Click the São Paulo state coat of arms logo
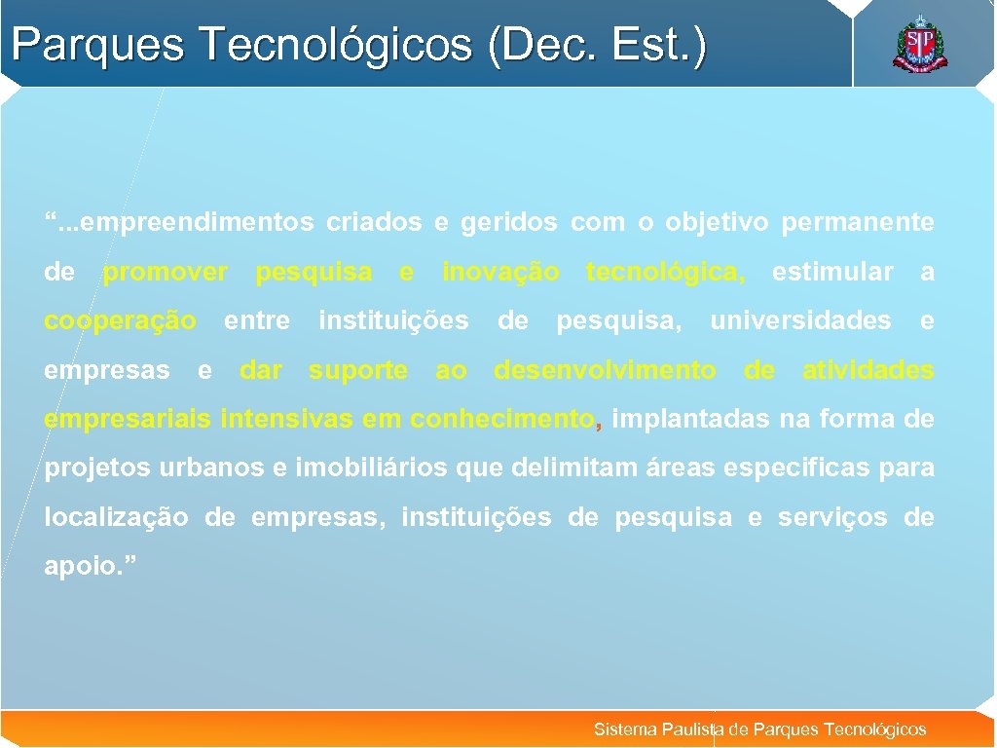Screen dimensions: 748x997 click(x=919, y=45)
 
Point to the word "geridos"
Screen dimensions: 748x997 click(x=508, y=223)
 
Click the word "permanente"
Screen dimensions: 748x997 click(x=857, y=223)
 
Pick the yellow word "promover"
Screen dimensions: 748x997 click(x=166, y=273)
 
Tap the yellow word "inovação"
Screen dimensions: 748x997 click(x=500, y=273)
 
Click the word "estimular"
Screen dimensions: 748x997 click(x=831, y=273)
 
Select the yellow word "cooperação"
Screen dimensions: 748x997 click(x=120, y=321)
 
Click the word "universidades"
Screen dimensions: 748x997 click(x=800, y=321)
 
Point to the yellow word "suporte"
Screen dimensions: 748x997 click(x=358, y=371)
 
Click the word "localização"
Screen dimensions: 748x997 click(x=117, y=518)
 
